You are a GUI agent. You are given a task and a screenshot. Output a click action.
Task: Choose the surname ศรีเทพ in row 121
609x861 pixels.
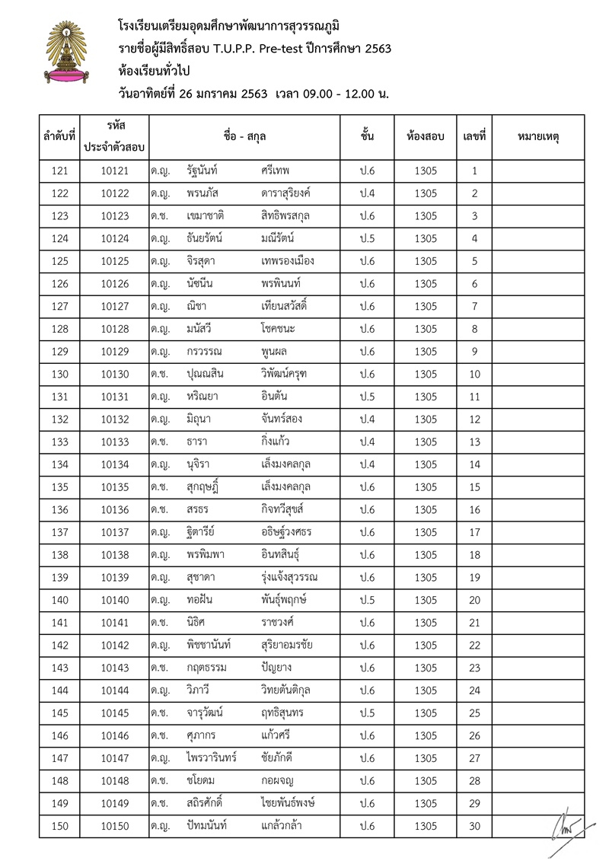pyautogui.click(x=275, y=171)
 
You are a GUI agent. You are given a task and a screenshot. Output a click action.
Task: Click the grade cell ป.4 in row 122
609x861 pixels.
pyautogui.click(x=367, y=193)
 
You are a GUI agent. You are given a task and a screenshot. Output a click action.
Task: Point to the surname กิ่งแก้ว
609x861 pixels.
pyautogui.click(x=274, y=442)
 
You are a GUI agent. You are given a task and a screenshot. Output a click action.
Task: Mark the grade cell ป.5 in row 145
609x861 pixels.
pyautogui.click(x=367, y=713)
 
